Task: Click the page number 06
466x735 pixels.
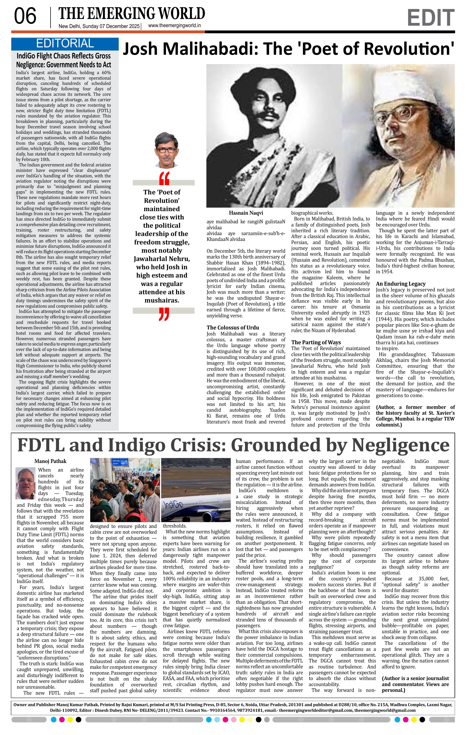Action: (x=25, y=17)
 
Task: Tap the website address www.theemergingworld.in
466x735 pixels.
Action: (x=174, y=26)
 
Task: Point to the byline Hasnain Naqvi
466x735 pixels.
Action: (x=246, y=213)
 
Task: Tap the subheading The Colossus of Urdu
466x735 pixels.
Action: (x=232, y=328)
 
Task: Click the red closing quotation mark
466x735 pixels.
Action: (x=164, y=314)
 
